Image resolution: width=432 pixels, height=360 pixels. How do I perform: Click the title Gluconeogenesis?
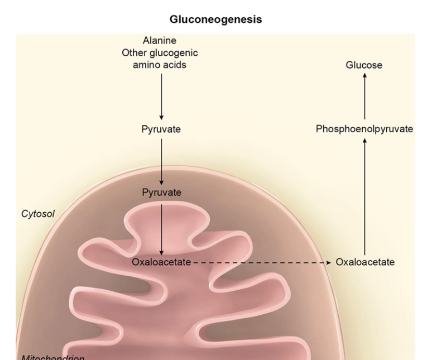tap(216, 20)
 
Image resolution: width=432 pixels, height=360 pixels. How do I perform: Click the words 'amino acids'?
tap(161, 65)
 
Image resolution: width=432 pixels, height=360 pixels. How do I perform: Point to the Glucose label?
tap(364, 65)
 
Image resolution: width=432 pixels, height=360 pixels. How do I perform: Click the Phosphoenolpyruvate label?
tap(364, 129)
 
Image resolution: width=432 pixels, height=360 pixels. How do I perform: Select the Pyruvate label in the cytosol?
tap(161, 130)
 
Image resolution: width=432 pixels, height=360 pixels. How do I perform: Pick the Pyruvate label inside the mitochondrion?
tap(161, 192)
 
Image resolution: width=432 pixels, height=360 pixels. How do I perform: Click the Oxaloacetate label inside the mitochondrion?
tap(161, 262)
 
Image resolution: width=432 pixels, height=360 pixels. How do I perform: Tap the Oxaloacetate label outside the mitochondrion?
tap(365, 262)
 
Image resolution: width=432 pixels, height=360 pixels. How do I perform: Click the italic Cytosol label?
tap(38, 213)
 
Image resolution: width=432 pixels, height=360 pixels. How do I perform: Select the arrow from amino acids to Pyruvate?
tap(161, 97)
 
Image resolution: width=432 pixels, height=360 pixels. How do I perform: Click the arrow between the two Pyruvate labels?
tap(161, 161)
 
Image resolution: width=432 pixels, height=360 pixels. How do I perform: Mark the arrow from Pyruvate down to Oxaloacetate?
tap(161, 229)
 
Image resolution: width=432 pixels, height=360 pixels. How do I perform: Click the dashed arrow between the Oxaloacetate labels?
tap(260, 263)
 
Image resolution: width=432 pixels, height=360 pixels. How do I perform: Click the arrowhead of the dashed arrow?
tap(328, 263)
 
